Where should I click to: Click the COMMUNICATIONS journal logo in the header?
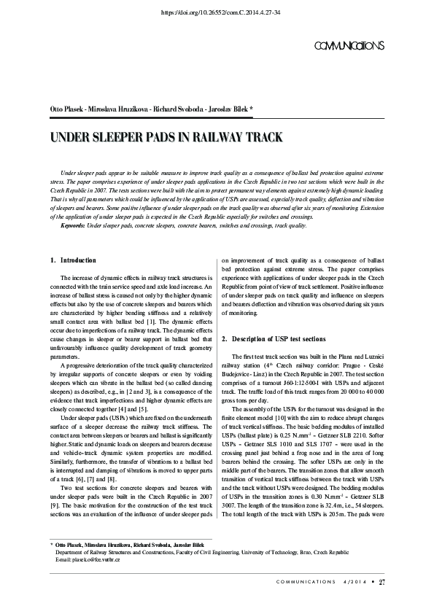349,46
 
